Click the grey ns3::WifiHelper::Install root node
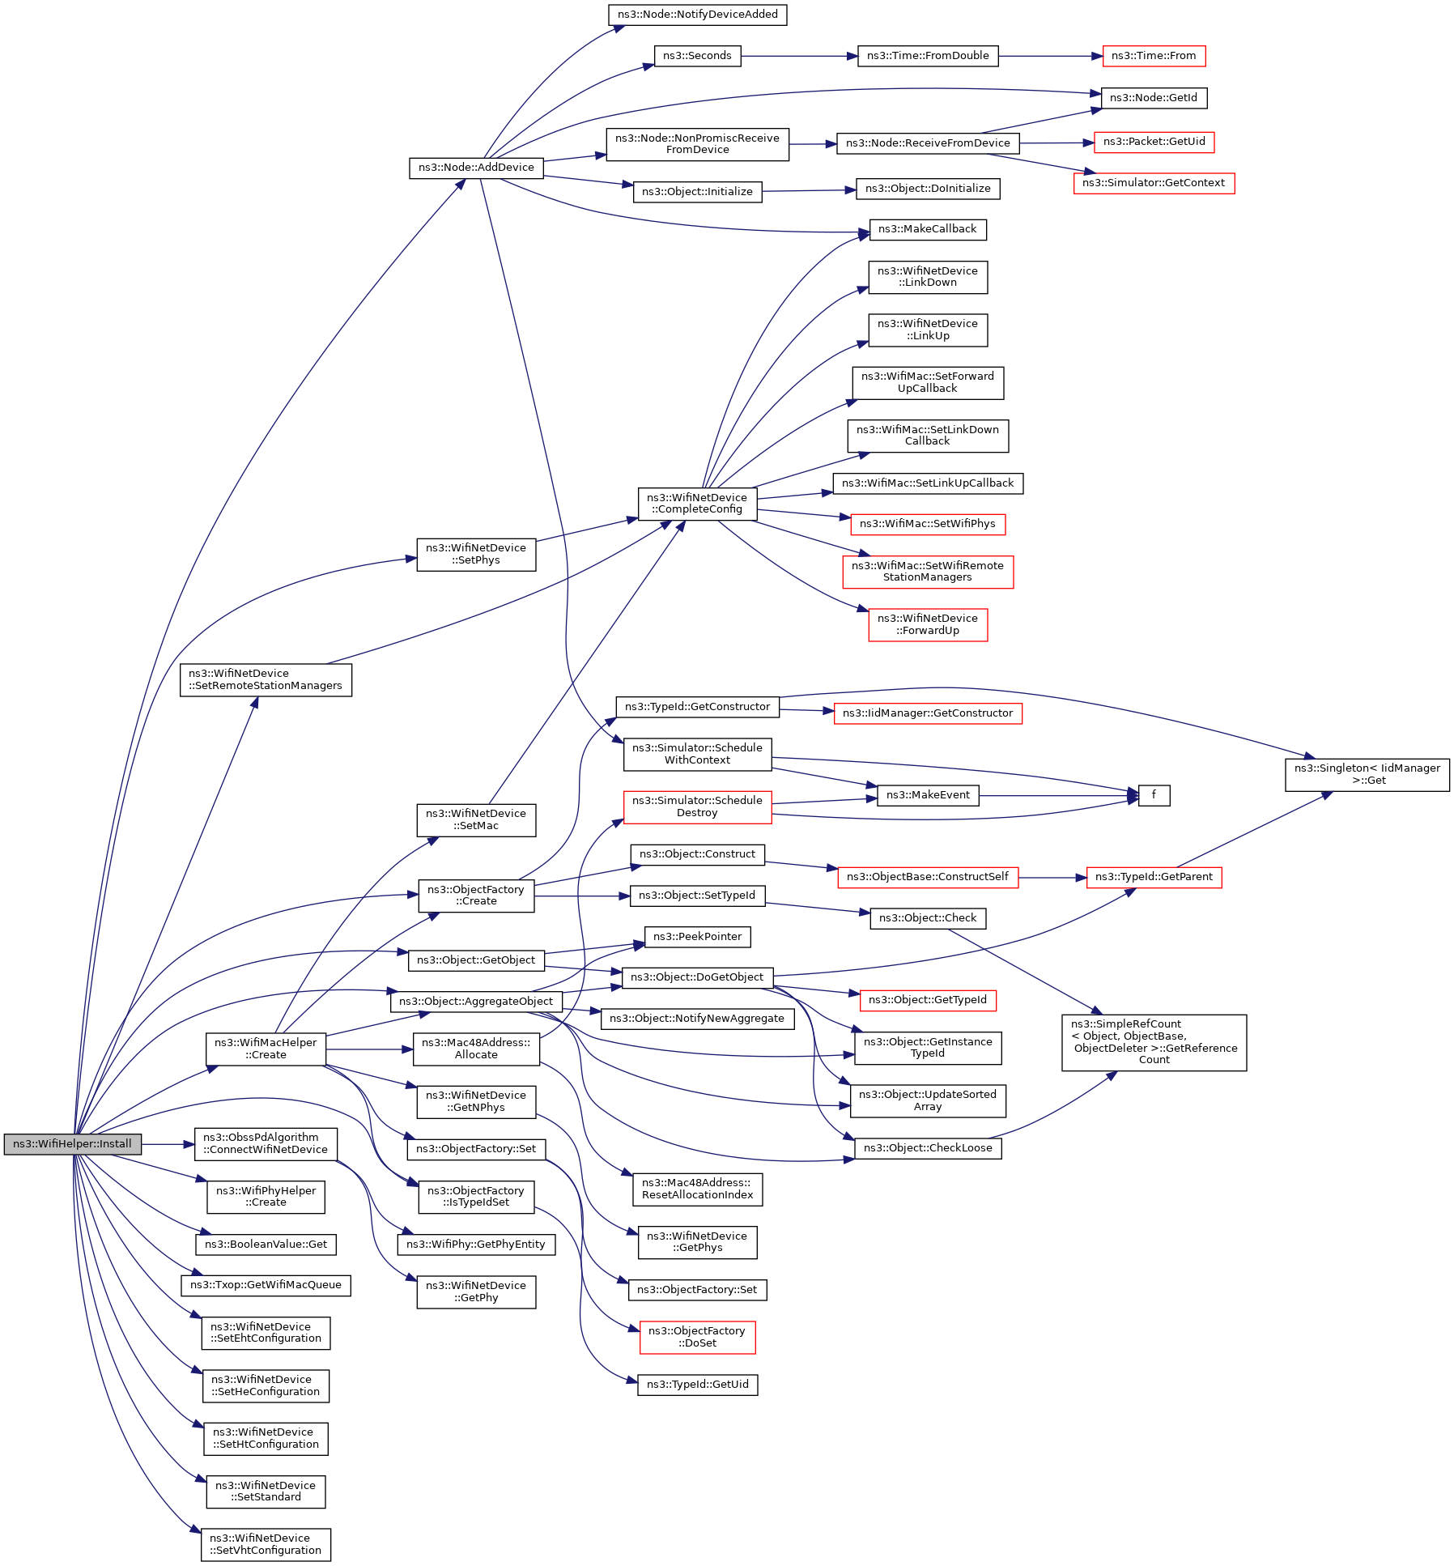[72, 1144]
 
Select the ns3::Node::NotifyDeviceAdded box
[697, 15]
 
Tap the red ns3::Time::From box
[1154, 56]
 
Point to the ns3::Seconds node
[697, 56]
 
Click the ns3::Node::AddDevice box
[476, 168]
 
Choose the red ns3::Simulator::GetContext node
[1154, 183]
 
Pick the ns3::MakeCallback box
[928, 229]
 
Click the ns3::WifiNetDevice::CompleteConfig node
[697, 504]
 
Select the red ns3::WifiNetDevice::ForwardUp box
[928, 624]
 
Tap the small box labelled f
[1154, 795]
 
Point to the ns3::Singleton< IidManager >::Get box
[1367, 774]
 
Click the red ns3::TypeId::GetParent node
[1154, 877]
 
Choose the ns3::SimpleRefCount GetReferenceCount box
[1154, 1042]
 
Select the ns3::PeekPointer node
[697, 937]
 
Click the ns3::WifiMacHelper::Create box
[266, 1049]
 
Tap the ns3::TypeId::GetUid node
[697, 1385]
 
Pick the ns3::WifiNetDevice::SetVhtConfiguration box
[266, 1544]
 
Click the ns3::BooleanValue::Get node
[266, 1245]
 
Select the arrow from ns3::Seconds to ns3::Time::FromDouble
[797, 56]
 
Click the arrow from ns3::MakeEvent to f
[1056, 796]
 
